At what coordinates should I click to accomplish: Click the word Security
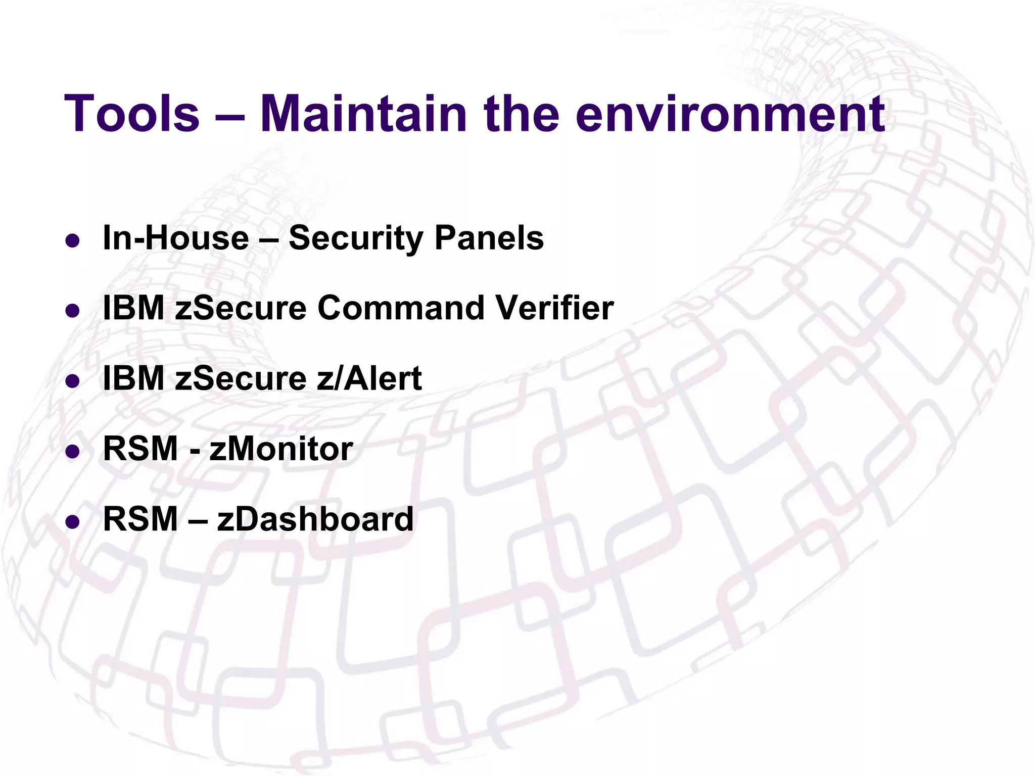[x=355, y=238]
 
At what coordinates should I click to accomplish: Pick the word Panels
[x=489, y=237]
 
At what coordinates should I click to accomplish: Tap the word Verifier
[x=554, y=308]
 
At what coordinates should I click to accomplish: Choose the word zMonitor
[x=281, y=449]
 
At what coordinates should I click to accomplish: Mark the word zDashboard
[x=315, y=519]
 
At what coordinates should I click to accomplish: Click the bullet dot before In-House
[x=73, y=240]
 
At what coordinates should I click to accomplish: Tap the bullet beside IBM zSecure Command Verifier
[x=73, y=311]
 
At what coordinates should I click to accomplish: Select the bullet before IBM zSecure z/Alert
[x=73, y=381]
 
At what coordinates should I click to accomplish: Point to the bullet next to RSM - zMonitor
[x=73, y=451]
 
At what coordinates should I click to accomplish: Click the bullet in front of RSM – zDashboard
[x=73, y=521]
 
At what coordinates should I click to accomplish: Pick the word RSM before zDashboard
[x=140, y=519]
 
